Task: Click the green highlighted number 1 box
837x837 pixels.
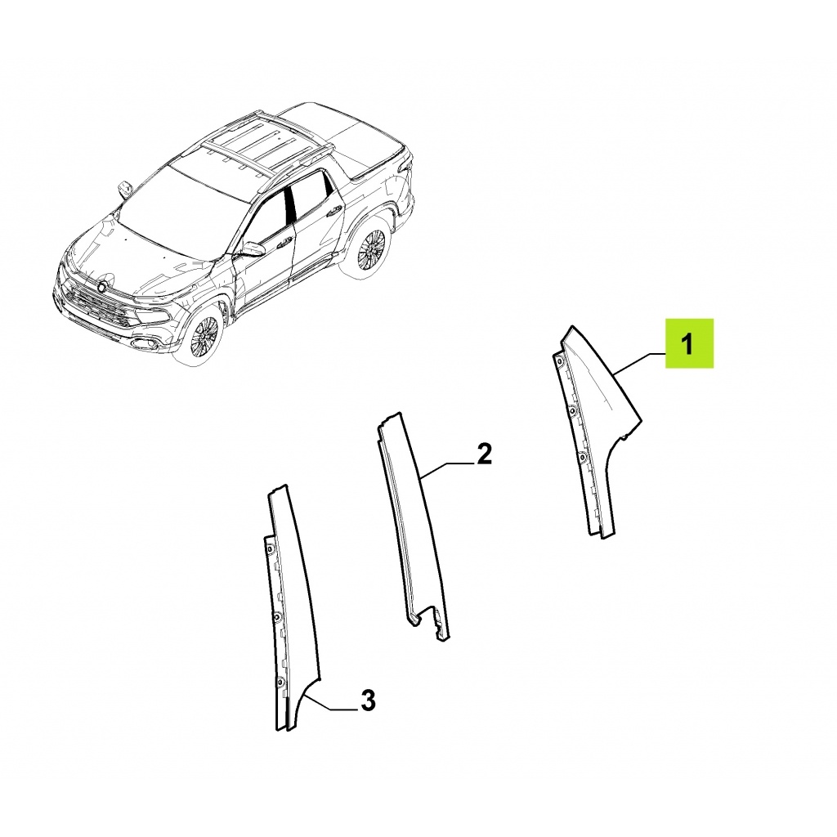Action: tap(688, 343)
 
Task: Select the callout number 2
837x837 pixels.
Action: tap(483, 454)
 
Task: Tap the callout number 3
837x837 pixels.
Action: tap(369, 700)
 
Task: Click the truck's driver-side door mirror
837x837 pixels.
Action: tap(252, 250)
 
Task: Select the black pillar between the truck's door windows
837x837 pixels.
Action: tap(290, 203)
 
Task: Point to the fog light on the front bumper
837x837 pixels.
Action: tap(143, 342)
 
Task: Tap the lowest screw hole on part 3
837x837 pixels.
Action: tap(280, 680)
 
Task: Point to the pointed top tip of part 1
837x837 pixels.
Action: tap(572, 327)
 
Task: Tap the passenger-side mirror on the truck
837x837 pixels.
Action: tap(124, 190)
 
